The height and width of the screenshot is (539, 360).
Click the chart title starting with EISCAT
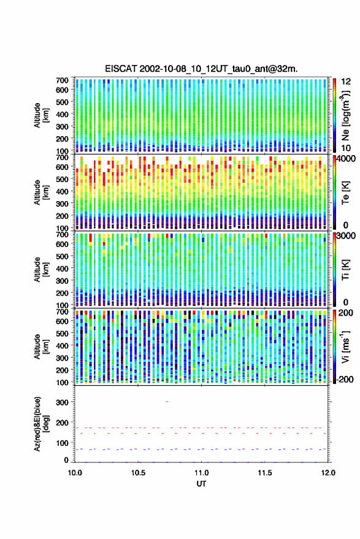point(201,69)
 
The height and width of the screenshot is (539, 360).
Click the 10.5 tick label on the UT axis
point(138,473)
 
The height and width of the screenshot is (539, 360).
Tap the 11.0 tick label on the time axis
point(201,473)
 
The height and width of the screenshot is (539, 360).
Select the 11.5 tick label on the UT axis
point(264,473)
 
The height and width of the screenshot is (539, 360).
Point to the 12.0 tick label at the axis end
point(328,473)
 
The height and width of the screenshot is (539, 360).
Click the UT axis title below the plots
point(201,484)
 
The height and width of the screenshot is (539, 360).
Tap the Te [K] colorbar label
point(345,193)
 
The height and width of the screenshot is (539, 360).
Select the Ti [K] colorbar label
point(345,270)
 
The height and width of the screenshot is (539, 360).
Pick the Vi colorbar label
point(345,346)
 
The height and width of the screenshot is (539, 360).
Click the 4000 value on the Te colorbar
point(346,159)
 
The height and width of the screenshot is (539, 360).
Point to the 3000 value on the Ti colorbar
point(346,236)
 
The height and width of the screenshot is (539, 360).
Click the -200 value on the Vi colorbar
point(345,380)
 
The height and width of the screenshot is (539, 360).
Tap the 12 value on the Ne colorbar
point(346,82)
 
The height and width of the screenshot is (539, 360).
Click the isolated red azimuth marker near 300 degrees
point(167,402)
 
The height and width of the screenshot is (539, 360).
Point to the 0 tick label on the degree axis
point(67,460)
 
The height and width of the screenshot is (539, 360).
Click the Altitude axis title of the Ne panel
point(41,115)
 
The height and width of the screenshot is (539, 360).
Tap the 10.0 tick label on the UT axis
point(75,473)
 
